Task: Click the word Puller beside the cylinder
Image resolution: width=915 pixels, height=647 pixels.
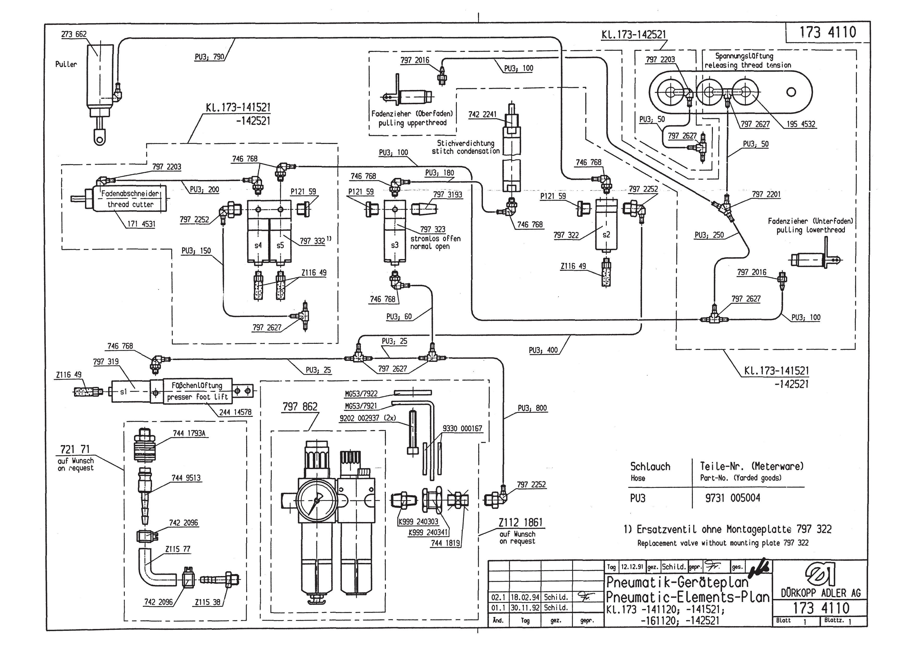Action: pos(66,64)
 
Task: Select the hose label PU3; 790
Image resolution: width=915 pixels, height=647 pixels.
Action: pos(209,57)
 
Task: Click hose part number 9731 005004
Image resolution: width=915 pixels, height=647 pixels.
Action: pos(732,498)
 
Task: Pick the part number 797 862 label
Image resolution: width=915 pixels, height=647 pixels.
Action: pos(300,407)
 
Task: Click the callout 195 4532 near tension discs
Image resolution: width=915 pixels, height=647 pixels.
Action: pos(801,124)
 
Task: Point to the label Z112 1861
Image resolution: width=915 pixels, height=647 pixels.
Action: pos(520,522)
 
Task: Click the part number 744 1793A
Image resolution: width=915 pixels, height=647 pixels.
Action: pos(189,433)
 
